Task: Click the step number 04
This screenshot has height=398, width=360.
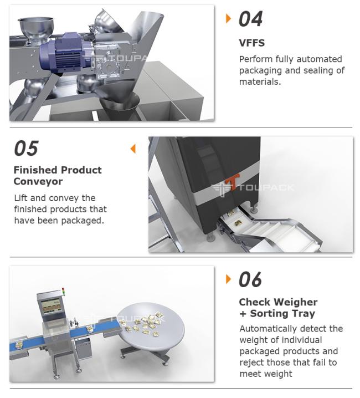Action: coord(250,19)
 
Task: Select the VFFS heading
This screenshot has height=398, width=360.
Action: coord(251,43)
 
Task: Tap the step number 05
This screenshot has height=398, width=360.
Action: coord(26,148)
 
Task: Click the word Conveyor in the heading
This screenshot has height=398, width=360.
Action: coord(38,181)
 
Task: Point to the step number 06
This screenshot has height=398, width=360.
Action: coord(250,279)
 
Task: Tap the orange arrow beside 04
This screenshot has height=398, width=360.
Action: coord(228,18)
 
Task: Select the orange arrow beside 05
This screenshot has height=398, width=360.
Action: coord(133,149)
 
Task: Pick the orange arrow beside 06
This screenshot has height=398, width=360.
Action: coord(228,279)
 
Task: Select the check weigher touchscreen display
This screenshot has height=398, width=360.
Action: coord(51,307)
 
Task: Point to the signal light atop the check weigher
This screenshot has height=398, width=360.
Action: coord(63,291)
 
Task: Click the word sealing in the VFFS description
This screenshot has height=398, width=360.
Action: coord(318,70)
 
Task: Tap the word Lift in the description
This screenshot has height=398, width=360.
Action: coord(21,198)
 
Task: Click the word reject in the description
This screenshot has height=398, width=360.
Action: coord(252,363)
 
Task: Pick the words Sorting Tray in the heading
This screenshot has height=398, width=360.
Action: coord(282,314)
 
